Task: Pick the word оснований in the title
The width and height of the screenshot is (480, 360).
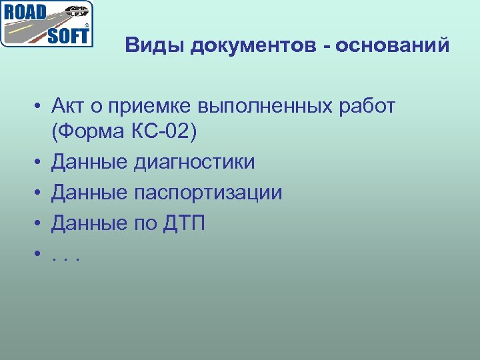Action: pyautogui.click(x=393, y=46)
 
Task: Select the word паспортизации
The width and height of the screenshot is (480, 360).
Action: pyautogui.click(x=207, y=193)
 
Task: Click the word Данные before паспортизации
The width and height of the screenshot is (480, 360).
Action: pyautogui.click(x=89, y=193)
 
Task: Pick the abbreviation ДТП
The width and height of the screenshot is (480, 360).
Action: pyautogui.click(x=183, y=223)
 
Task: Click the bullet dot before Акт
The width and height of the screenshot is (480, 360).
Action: pyautogui.click(x=40, y=107)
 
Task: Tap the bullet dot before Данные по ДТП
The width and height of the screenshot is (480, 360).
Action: pyautogui.click(x=40, y=224)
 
